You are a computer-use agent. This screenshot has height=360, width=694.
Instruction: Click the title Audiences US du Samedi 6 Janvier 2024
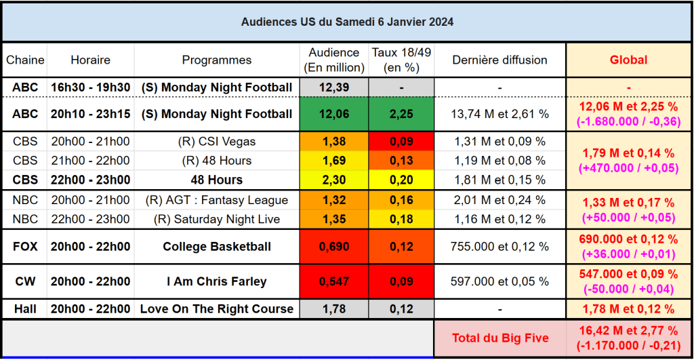[x=347, y=22]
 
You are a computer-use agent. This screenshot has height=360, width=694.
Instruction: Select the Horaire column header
[x=90, y=60]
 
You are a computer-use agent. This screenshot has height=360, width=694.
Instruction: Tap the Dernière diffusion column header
[x=499, y=60]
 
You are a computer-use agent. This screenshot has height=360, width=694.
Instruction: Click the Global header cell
[x=628, y=60]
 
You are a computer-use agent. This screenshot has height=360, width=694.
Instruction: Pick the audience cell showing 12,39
[x=333, y=87]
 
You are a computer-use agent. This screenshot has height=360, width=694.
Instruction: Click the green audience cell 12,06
[x=333, y=114]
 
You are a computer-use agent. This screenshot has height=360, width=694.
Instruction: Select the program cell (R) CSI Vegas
[x=216, y=142]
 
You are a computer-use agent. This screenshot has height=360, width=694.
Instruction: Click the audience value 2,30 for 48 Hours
[x=333, y=180]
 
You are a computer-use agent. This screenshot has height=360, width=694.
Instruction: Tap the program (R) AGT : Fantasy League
[x=216, y=200]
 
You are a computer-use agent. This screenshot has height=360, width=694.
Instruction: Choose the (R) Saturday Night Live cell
[x=216, y=219]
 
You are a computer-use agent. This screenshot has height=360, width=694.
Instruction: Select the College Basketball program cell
[x=216, y=246]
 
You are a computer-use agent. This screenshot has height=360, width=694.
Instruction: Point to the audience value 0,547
[x=333, y=281]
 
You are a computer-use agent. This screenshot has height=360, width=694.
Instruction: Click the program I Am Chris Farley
[x=216, y=281]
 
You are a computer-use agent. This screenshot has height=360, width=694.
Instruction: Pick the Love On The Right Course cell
[x=216, y=308]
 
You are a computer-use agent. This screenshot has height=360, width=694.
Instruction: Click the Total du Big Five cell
[x=499, y=338]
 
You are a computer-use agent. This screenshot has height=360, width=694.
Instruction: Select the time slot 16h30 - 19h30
[x=90, y=87]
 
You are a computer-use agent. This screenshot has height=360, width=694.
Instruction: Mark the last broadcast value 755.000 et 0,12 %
[x=499, y=246]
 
